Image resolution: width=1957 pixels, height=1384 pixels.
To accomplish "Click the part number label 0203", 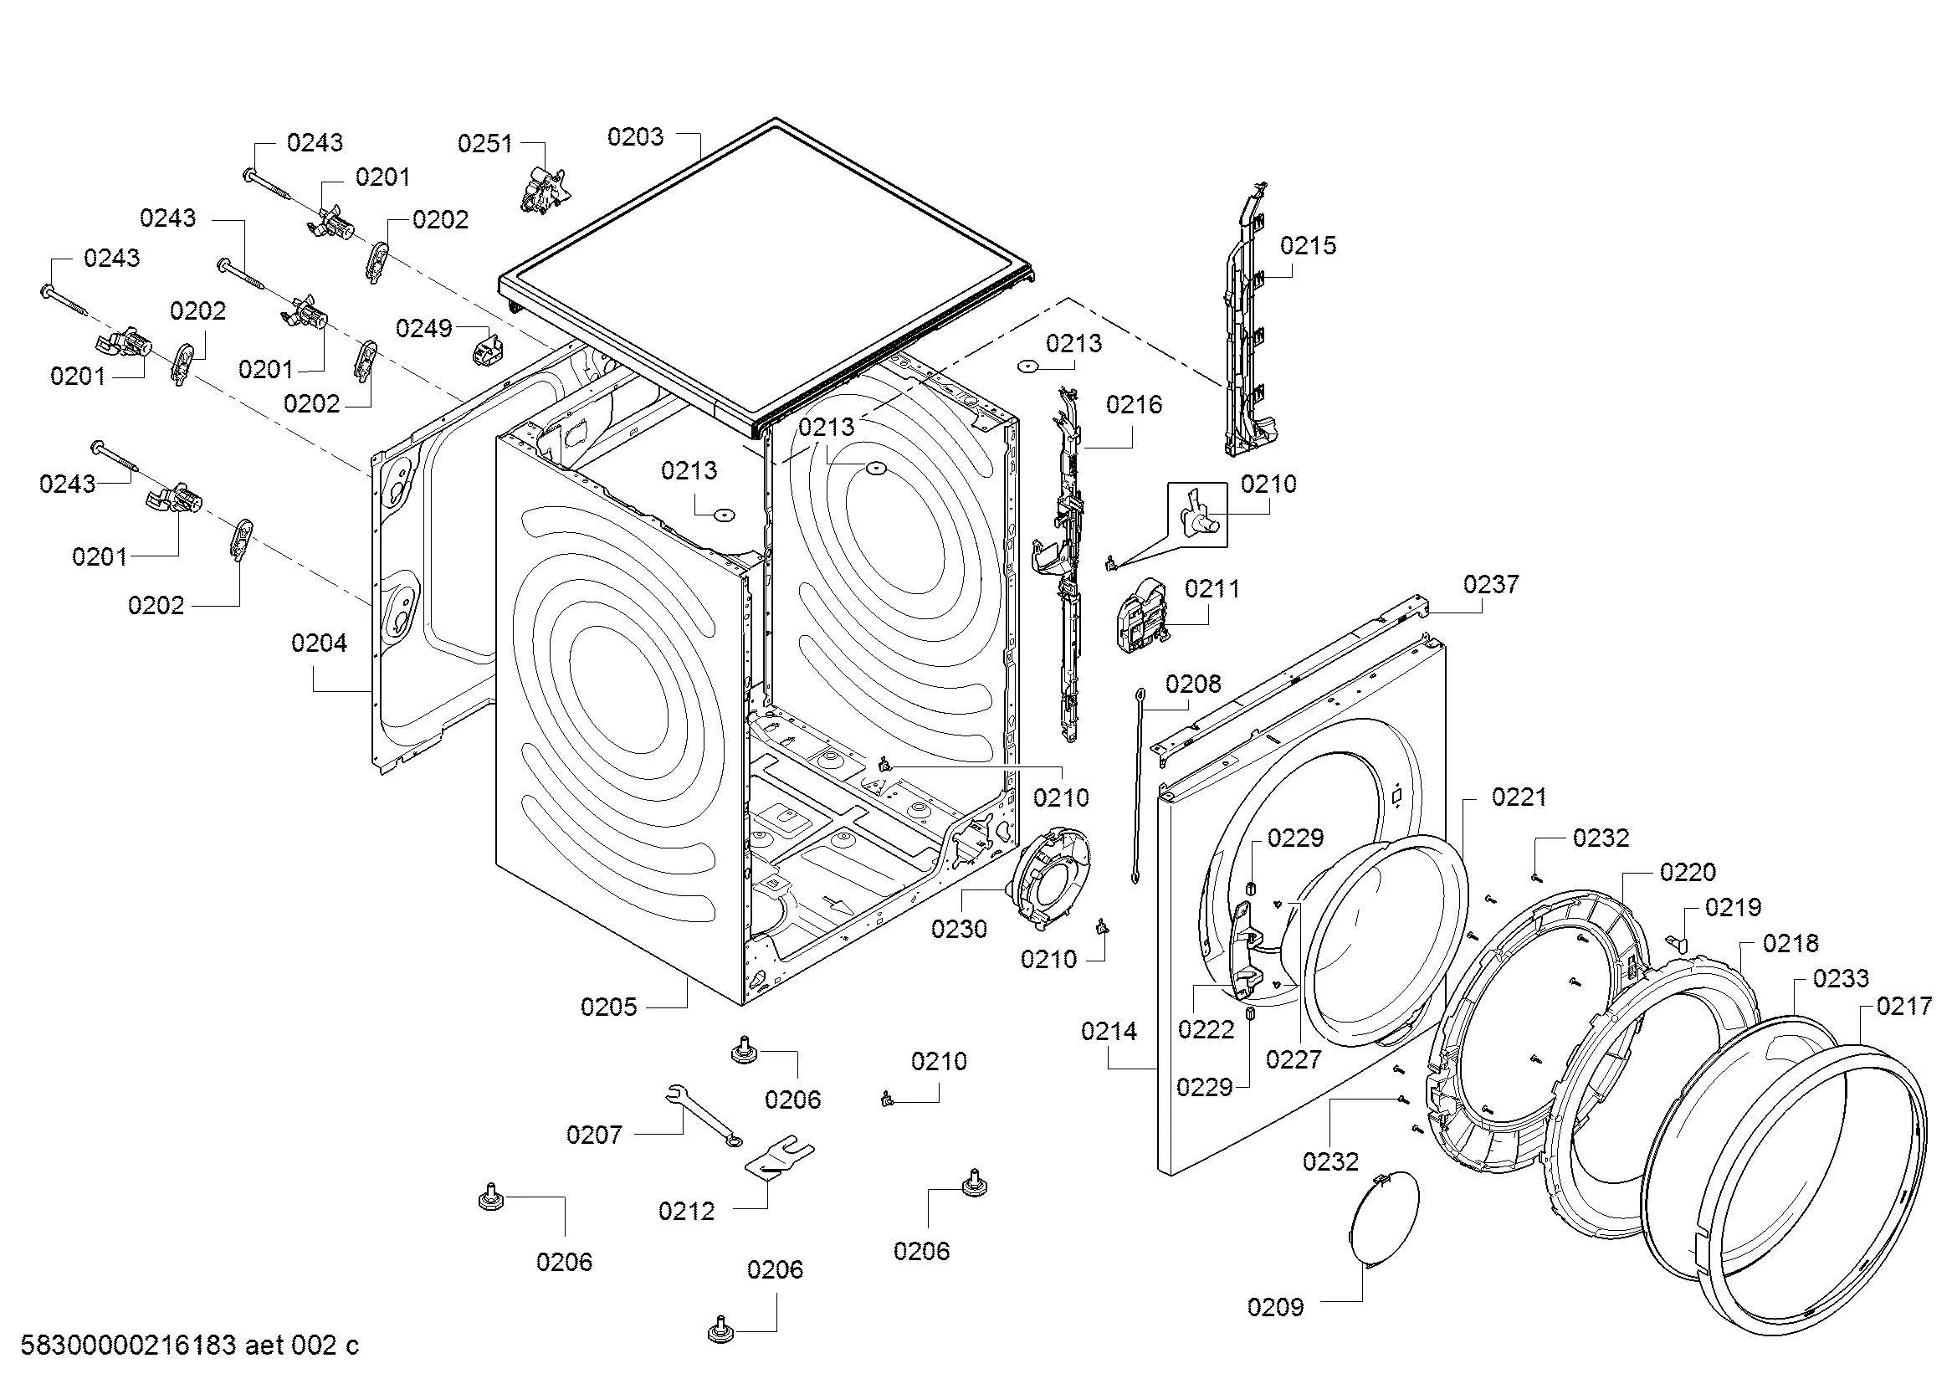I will (x=635, y=136).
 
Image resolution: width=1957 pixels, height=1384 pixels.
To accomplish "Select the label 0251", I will (x=485, y=143).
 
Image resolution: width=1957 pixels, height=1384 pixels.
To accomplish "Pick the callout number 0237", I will (x=1491, y=584).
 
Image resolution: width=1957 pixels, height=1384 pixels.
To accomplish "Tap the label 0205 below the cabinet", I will (x=608, y=1007).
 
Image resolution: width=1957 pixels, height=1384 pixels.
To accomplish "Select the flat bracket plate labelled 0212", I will (x=781, y=1156).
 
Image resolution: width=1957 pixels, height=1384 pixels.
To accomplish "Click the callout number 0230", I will (x=959, y=928).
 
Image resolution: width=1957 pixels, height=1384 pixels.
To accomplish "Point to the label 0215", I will (x=1309, y=245).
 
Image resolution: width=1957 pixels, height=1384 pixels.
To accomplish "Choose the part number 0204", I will (x=320, y=643).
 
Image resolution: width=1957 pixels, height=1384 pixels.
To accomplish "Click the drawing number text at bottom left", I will (x=189, y=1345).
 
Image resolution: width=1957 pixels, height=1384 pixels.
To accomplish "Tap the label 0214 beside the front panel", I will (x=1109, y=1031).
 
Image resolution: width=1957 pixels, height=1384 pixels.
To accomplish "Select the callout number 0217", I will (x=1905, y=1007).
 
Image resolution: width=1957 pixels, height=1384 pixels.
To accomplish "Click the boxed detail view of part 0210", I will (x=1197, y=514).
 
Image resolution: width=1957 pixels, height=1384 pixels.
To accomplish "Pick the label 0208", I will (x=1193, y=684).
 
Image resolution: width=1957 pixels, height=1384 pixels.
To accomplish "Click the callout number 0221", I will (x=1519, y=797).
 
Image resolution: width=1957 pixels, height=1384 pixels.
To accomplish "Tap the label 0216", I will (x=1135, y=404).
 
